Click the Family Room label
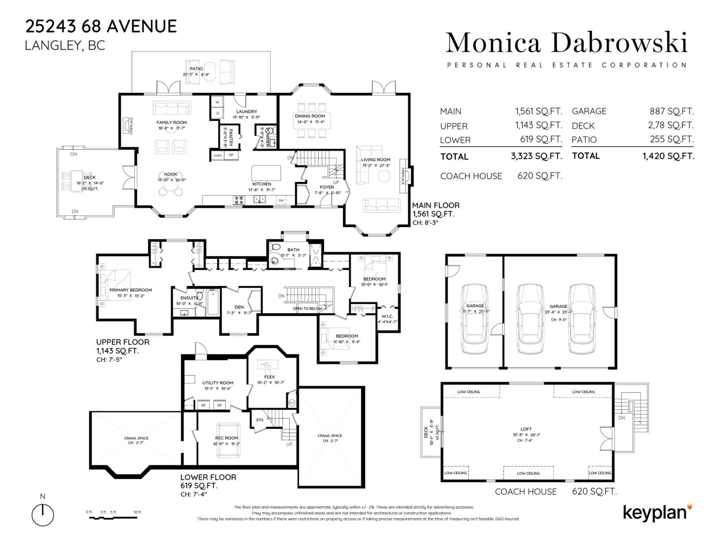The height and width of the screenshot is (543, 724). click(171, 122)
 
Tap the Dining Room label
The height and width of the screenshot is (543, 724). click(310, 116)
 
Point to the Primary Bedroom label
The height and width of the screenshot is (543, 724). click(130, 290)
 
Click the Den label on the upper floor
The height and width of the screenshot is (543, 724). click(239, 307)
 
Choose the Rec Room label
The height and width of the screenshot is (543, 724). click(226, 438)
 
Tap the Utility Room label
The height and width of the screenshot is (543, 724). click(218, 383)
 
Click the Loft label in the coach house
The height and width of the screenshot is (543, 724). click(526, 429)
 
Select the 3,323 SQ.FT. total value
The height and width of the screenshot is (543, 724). click(536, 157)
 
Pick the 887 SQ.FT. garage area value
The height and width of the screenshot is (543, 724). click(672, 111)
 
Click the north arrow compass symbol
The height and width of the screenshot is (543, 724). click(43, 514)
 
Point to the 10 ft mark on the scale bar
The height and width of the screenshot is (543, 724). click(137, 512)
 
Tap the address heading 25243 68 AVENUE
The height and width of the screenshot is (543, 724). click(101, 26)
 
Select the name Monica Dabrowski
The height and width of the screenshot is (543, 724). click(567, 43)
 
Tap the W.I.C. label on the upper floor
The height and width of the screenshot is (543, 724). click(387, 316)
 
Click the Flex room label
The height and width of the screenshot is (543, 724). click(269, 377)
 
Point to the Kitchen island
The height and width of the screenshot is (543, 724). click(266, 173)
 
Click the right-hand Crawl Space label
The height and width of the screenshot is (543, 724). click(330, 436)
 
